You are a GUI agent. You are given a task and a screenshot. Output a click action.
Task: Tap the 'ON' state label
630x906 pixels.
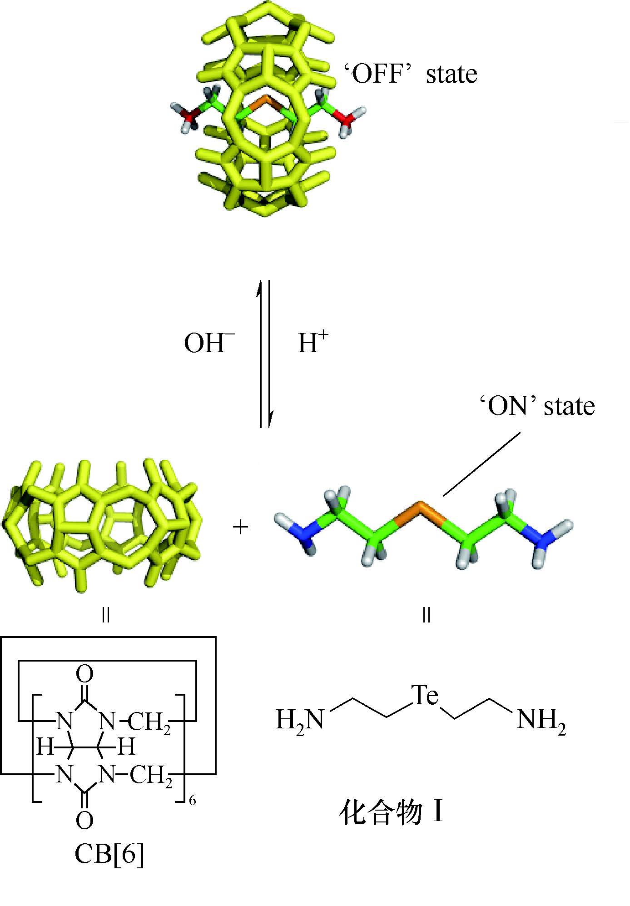(x=537, y=406)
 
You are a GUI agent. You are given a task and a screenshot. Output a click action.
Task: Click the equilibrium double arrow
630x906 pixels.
(x=265, y=354)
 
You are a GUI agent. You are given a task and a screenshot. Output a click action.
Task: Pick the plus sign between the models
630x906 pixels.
(x=240, y=528)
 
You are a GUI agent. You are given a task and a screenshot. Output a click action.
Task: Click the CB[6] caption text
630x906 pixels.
(x=109, y=853)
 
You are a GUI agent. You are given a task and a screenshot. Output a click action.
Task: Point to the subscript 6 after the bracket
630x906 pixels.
(x=193, y=801)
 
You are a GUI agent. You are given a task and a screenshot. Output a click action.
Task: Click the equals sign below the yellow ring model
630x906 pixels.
(x=106, y=616)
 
